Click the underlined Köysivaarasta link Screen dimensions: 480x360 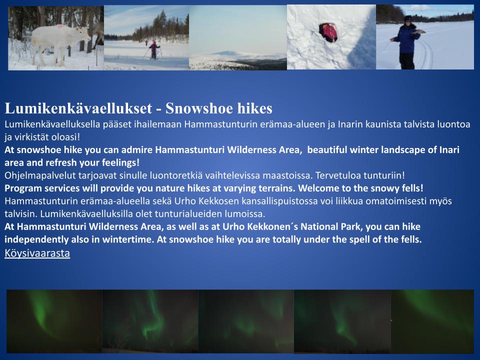pos(37,253)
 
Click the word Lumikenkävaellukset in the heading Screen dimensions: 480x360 pos(78,108)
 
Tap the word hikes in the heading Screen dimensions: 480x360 pos(253,108)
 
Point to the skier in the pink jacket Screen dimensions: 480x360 pos(153,49)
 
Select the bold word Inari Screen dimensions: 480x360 pos(449,149)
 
